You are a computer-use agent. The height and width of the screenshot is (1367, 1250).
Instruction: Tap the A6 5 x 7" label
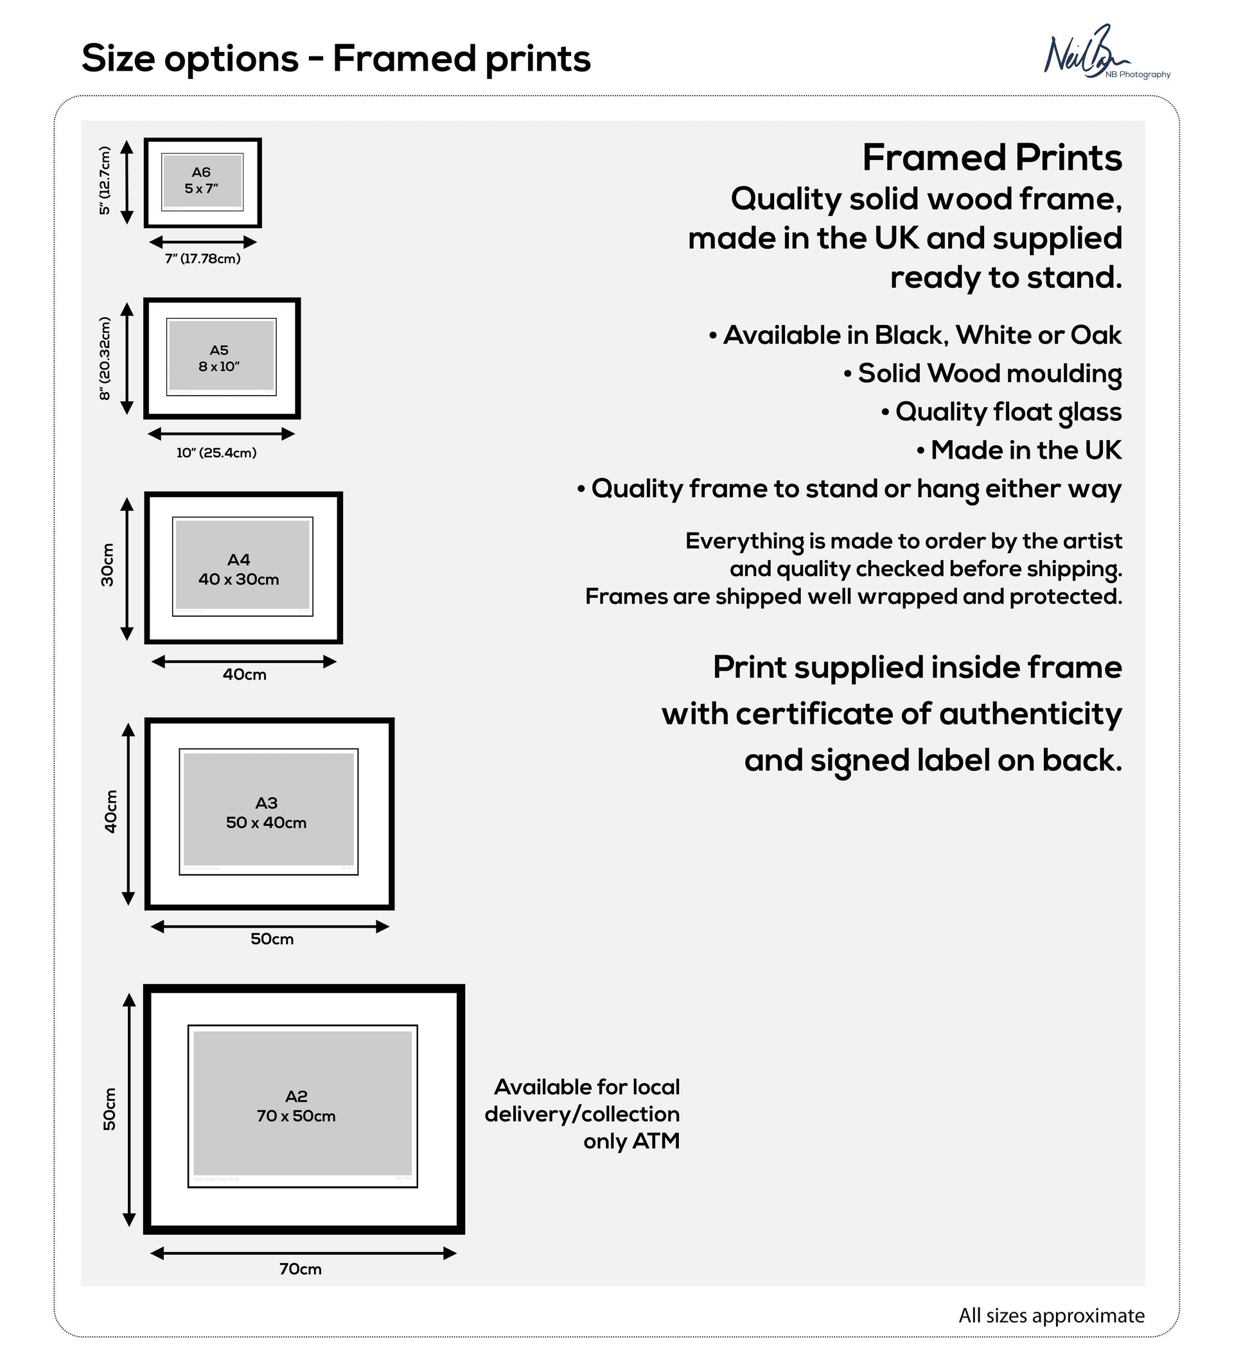click(201, 181)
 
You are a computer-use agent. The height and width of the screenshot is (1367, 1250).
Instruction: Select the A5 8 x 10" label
click(219, 358)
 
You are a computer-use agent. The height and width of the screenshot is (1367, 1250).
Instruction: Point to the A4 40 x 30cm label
click(238, 570)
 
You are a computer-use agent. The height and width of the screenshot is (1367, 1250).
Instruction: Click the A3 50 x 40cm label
click(267, 813)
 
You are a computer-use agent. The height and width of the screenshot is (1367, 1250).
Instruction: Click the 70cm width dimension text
click(301, 1269)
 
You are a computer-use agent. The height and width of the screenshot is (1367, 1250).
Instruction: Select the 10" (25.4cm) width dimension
click(216, 453)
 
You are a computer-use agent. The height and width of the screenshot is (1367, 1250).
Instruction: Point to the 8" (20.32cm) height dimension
click(105, 358)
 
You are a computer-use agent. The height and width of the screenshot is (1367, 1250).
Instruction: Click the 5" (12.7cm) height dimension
click(105, 181)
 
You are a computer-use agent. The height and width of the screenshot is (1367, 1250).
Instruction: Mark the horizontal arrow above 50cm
click(270, 926)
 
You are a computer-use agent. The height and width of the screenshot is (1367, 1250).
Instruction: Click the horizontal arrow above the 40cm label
click(244, 662)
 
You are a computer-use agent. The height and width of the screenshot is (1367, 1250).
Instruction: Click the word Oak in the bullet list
click(1095, 335)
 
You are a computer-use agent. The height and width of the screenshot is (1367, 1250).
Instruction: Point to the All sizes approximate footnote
click(1051, 1316)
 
